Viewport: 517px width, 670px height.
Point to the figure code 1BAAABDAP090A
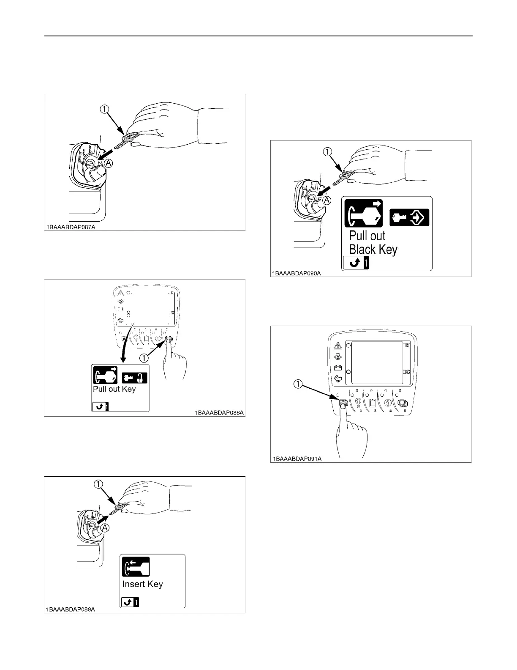[x=297, y=273]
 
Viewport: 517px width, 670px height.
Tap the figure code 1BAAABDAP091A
[x=297, y=459]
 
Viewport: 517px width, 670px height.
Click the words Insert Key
[x=142, y=584]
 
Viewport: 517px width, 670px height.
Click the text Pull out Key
[x=114, y=389]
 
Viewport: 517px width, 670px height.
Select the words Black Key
[x=373, y=249]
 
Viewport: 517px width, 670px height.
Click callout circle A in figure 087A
[x=109, y=163]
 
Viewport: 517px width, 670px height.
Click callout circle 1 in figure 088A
[x=144, y=358]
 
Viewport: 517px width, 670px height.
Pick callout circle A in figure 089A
[x=104, y=527]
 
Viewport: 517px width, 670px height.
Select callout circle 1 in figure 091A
[x=298, y=384]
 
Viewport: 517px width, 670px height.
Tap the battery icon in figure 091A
[x=337, y=368]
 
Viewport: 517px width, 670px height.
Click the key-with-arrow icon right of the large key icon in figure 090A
[x=409, y=217]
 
